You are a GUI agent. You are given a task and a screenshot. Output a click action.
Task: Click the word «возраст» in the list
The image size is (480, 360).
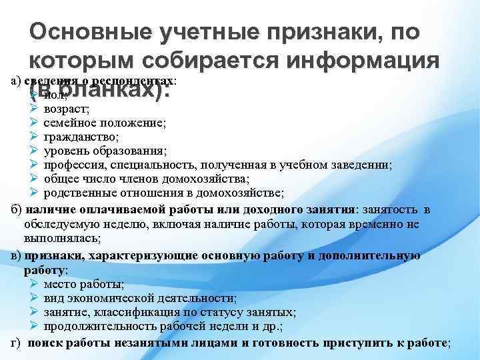62,108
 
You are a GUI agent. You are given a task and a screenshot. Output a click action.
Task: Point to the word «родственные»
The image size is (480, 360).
77,193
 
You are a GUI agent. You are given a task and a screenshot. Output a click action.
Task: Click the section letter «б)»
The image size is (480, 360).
18,209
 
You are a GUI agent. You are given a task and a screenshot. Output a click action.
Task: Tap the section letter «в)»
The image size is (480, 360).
17,255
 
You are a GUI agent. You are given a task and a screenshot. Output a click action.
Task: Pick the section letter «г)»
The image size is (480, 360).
17,343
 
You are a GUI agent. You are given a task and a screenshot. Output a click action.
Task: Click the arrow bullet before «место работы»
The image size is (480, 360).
35,283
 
